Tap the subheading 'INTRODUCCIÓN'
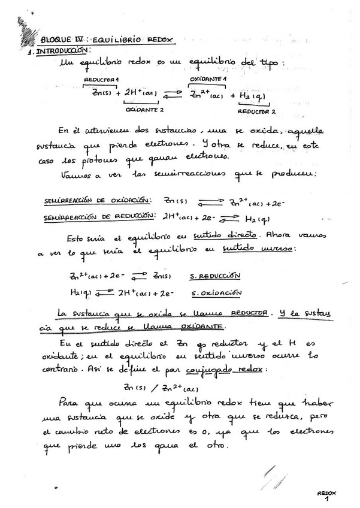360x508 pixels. pyautogui.click(x=63, y=52)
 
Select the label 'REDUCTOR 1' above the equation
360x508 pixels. pyautogui.click(x=101, y=80)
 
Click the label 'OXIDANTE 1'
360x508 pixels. pyautogui.click(x=208, y=79)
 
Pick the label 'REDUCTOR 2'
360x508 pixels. pyautogui.click(x=256, y=111)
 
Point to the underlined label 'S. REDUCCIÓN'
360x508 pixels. pyautogui.click(x=215, y=276)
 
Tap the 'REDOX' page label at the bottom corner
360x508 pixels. pyautogui.click(x=327, y=492)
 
